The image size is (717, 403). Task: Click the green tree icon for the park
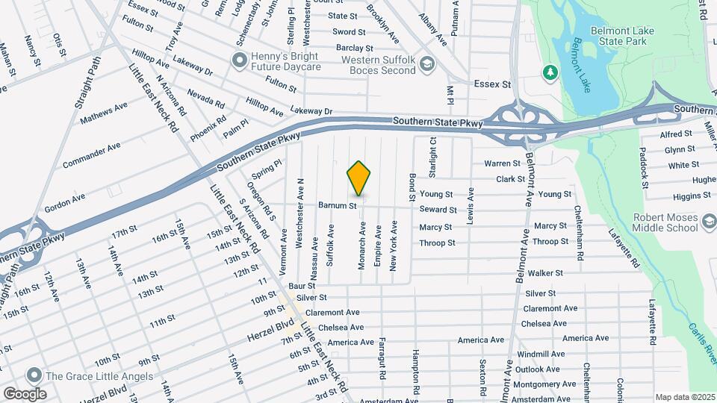click(550, 72)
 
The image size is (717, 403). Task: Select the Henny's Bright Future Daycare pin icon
click(239, 59)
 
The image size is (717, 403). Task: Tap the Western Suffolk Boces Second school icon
click(426, 65)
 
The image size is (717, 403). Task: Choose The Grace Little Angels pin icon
click(33, 375)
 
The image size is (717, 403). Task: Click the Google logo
click(25, 393)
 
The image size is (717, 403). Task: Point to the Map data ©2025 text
click(683, 397)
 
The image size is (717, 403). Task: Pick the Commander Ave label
click(92, 155)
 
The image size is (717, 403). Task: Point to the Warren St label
click(502, 163)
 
